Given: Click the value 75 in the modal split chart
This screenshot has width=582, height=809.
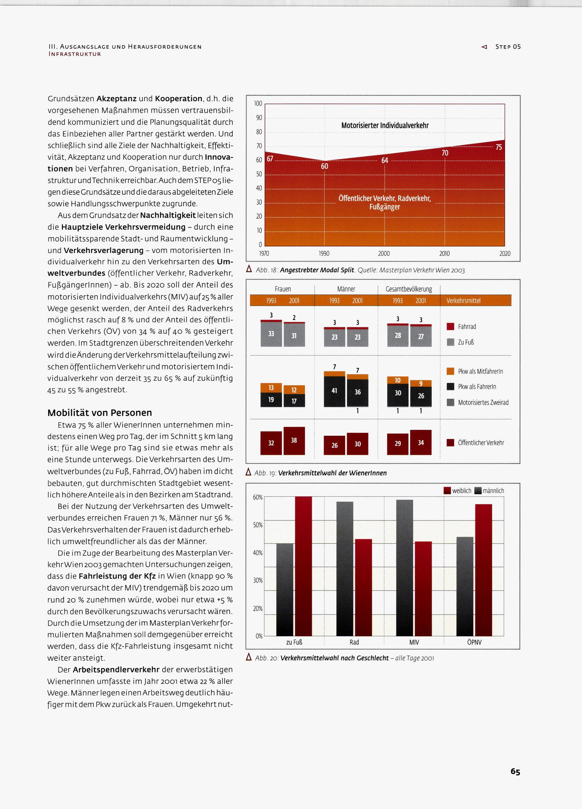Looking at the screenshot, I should pyautogui.click(x=498, y=147).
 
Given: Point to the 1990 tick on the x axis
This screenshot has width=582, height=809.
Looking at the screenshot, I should pyautogui.click(x=324, y=254).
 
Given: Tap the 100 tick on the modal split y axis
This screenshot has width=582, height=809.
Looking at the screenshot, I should pyautogui.click(x=258, y=104).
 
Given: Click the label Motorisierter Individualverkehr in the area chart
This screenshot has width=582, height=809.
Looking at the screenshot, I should pyautogui.click(x=385, y=126).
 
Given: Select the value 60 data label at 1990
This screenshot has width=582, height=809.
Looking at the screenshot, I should pyautogui.click(x=324, y=166).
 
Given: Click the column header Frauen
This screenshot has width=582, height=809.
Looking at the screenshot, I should pyautogui.click(x=283, y=289).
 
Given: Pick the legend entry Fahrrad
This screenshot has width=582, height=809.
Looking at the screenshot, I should pyautogui.click(x=466, y=326).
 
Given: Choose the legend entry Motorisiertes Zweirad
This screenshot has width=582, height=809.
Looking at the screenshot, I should pyautogui.click(x=483, y=402).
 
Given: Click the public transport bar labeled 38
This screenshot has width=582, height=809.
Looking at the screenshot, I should pyautogui.click(x=294, y=440).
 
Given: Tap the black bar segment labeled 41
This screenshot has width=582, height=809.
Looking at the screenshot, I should pyautogui.click(x=334, y=391).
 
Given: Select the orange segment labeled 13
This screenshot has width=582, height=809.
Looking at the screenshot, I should pyautogui.click(x=271, y=388).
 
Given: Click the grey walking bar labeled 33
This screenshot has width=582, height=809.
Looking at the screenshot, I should pyautogui.click(x=271, y=334).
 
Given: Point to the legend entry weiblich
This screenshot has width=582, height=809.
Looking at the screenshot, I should pyautogui.click(x=461, y=491).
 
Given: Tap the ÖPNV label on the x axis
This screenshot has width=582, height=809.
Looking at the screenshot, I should pyautogui.click(x=474, y=642).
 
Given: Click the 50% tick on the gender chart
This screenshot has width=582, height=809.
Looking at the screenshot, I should pyautogui.click(x=258, y=525).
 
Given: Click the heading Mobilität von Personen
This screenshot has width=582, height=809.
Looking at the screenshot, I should pyautogui.click(x=100, y=413).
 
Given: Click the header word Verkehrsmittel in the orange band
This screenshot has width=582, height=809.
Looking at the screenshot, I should pyautogui.click(x=463, y=301).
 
